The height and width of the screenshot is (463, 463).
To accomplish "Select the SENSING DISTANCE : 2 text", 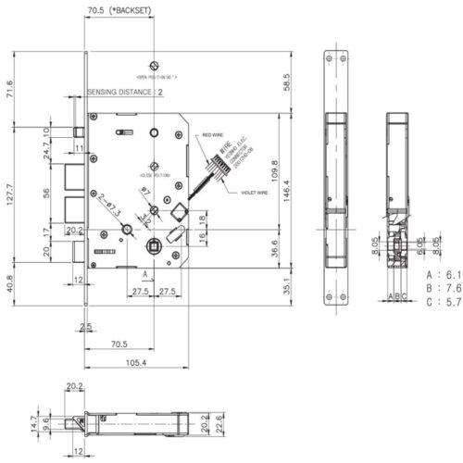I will (x=125, y=94).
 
